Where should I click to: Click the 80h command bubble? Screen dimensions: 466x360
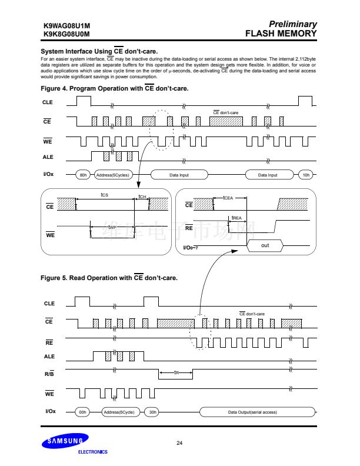(83, 175)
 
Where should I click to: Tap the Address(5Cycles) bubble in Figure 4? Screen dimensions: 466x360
(112, 175)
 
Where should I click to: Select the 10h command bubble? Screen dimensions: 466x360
(305, 175)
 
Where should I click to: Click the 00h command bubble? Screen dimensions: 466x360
(83, 412)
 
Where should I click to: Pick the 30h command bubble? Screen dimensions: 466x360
(152, 412)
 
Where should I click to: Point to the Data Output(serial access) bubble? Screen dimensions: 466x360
(252, 412)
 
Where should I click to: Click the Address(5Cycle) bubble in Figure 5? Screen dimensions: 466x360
(119, 412)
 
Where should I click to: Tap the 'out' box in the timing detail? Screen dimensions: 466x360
(265, 245)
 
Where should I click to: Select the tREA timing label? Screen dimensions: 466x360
(237, 218)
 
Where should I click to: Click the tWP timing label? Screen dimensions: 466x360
(112, 227)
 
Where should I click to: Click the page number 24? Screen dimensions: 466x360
(180, 442)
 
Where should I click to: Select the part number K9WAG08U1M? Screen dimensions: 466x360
(66, 26)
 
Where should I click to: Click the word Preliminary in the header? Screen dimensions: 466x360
(292, 24)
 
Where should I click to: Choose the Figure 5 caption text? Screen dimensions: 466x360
(109, 277)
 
